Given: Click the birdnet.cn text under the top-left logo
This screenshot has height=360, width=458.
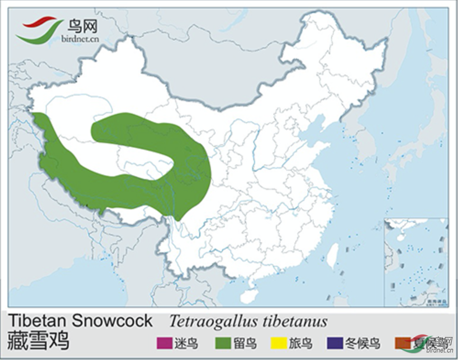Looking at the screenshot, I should [x=80, y=39].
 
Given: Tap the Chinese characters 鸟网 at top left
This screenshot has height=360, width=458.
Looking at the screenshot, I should [x=82, y=26].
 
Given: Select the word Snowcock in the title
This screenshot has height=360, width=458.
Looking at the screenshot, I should [x=112, y=321].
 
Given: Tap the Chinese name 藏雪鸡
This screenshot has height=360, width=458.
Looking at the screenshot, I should [x=38, y=341].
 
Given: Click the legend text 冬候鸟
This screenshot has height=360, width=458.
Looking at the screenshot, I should [x=362, y=343].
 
